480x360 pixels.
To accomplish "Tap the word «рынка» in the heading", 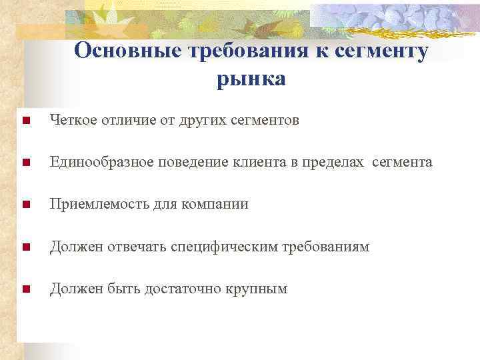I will click(251, 79).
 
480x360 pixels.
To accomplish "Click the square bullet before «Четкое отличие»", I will click(25, 121).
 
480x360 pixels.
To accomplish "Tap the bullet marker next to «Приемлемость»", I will click(25, 205).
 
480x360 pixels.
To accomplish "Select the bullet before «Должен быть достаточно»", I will click(25, 289).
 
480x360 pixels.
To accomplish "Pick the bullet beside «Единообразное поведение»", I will click(25, 163).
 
